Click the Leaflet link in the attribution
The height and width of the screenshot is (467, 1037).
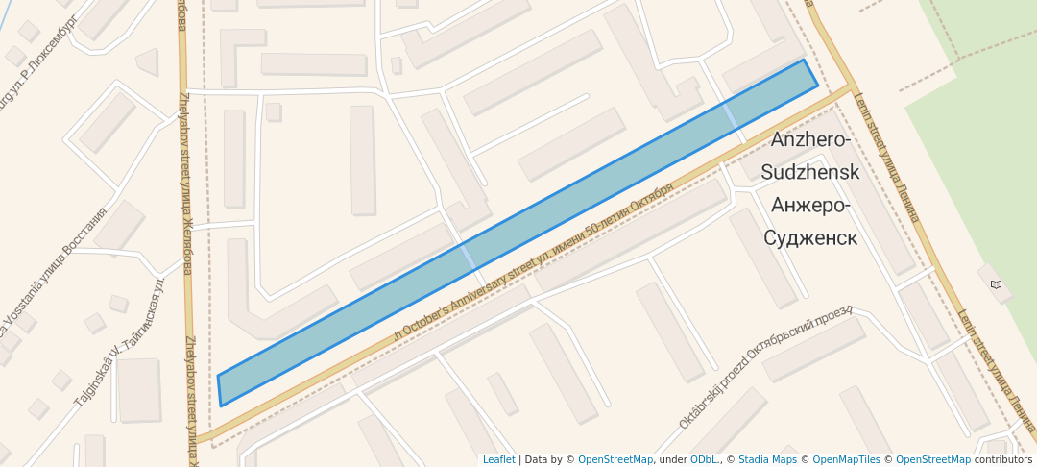[498, 460]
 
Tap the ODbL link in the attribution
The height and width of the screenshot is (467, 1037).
[704, 460]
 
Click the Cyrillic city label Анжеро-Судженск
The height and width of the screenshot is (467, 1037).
[810, 222]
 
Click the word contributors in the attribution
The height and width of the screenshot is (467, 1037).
[1003, 460]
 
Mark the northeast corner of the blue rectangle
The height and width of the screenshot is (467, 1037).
[805, 61]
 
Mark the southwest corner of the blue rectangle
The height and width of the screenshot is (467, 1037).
[221, 406]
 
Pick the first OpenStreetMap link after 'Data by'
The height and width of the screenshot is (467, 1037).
[615, 460]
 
